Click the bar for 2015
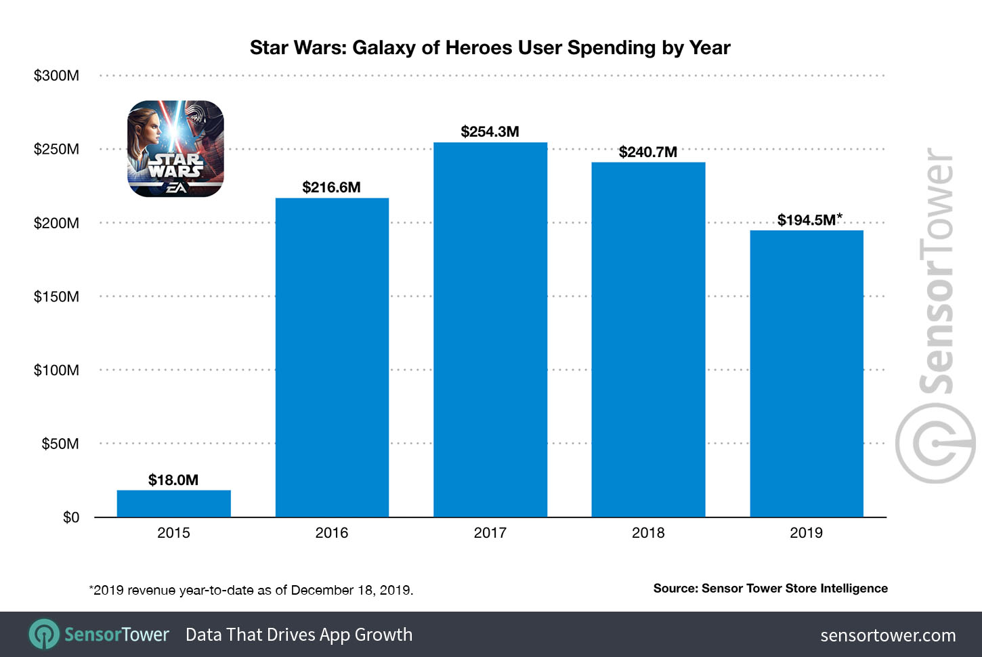[x=173, y=503]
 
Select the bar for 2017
[x=490, y=330]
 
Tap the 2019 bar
[x=806, y=374]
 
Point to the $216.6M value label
[x=331, y=188]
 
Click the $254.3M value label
[x=490, y=132]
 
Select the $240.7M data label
[x=647, y=152]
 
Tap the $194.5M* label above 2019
[x=809, y=220]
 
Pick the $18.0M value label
[x=173, y=480]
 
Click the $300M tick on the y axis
[x=56, y=76]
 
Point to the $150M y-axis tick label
[x=56, y=297]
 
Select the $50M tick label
[x=60, y=444]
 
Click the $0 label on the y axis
[x=70, y=517]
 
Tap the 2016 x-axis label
[x=331, y=533]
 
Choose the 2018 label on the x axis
[x=647, y=533]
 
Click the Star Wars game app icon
[x=175, y=149]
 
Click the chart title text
[x=490, y=48]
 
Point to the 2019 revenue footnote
[x=251, y=590]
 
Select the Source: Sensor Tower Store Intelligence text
[x=770, y=589]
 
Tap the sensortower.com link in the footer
[x=887, y=635]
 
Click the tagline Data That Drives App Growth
[x=299, y=635]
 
